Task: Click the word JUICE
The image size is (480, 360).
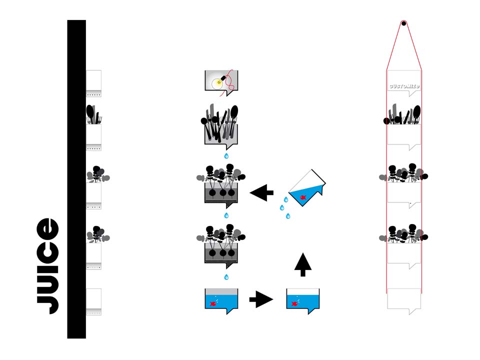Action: click(x=48, y=265)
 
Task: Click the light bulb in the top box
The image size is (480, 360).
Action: click(x=218, y=82)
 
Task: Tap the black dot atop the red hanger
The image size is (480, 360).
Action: click(x=404, y=23)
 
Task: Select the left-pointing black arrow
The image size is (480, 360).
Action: click(x=261, y=192)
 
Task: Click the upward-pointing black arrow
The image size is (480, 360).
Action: click(x=303, y=264)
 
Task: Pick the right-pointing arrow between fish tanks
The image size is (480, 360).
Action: click(x=261, y=299)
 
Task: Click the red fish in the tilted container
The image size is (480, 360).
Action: click(x=303, y=197)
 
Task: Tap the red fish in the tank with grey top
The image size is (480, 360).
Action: click(x=213, y=303)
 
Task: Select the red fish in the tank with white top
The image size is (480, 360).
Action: click(x=294, y=303)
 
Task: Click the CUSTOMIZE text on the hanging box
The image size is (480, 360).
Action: click(x=404, y=86)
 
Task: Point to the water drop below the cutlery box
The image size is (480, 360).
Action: click(x=226, y=156)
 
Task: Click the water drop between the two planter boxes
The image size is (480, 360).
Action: click(x=226, y=215)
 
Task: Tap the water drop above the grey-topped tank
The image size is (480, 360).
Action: click(x=226, y=277)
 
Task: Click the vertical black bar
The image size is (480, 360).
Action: click(x=76, y=179)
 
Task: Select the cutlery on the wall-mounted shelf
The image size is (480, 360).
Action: click(x=93, y=114)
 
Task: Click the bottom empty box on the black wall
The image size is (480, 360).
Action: click(x=93, y=301)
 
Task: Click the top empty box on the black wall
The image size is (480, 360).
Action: click(x=93, y=83)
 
